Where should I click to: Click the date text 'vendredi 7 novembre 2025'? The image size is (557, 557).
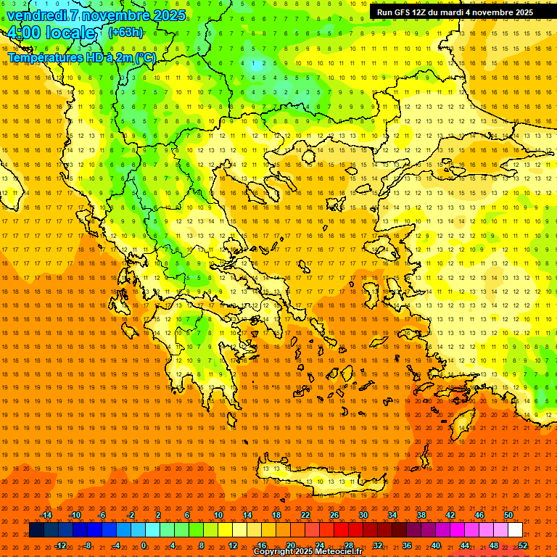click(x=96, y=15)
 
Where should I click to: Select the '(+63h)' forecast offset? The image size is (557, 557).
click(x=125, y=33)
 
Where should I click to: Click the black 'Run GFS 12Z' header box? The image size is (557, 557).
click(x=455, y=12)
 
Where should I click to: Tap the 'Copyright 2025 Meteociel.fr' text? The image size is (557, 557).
click(x=308, y=552)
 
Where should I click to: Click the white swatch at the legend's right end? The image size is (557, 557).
click(x=515, y=530)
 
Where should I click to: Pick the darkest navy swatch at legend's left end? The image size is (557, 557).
click(x=36, y=530)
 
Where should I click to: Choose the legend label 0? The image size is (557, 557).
click(x=144, y=545)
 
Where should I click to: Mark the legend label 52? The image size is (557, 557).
click(x=523, y=545)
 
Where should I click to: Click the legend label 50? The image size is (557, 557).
click(x=508, y=515)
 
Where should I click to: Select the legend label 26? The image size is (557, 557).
click(x=334, y=515)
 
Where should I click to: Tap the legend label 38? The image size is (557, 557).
click(x=421, y=515)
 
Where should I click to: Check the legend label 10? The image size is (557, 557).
click(x=218, y=515)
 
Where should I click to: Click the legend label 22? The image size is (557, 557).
click(x=305, y=515)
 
